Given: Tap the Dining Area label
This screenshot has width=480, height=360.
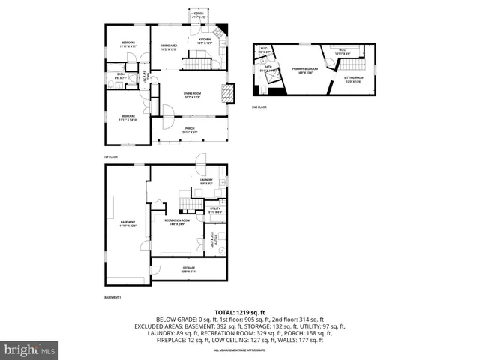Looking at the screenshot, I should pos(168,47).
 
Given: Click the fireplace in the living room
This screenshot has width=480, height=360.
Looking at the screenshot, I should pos(228,93).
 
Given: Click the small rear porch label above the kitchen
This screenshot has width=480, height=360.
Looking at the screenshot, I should pos(199,15).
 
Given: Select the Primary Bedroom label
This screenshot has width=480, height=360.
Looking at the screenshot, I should pos(305,70).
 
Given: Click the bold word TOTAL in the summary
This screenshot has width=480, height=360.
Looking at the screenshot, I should pos(226,311).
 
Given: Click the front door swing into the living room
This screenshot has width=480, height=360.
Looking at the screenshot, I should pos(167,113).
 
